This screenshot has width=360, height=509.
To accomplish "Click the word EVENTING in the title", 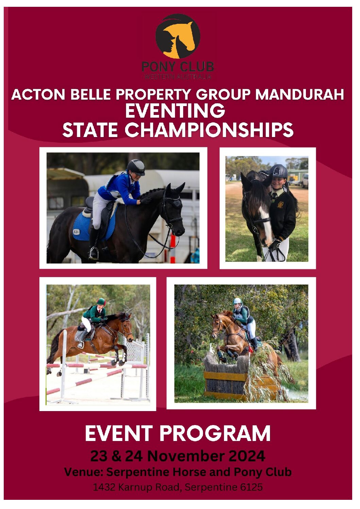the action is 175,111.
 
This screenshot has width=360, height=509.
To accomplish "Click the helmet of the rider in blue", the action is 136,167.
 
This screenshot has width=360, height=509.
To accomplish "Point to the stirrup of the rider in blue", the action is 93,252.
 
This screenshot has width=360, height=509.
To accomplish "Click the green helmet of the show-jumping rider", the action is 101,302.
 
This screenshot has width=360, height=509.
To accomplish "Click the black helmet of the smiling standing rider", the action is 278,171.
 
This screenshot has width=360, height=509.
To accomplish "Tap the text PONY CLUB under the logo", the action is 177,67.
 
